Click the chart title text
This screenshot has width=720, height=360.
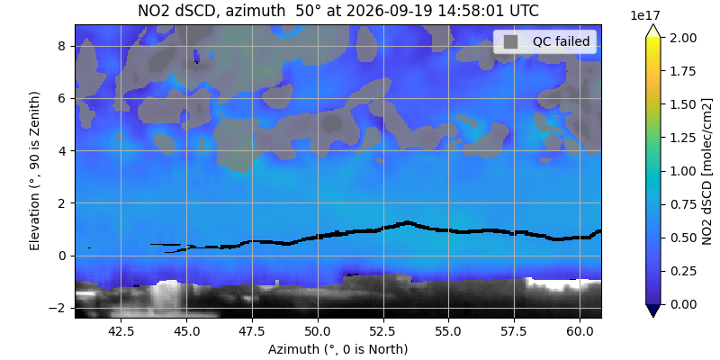(338, 11)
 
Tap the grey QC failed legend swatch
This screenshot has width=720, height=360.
(510, 41)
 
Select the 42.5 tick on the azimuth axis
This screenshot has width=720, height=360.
(121, 330)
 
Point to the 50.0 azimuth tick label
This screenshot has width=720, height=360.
(318, 330)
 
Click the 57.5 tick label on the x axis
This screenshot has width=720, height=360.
(514, 330)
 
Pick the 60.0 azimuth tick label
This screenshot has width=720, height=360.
(580, 330)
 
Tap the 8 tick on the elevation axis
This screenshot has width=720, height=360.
(65, 47)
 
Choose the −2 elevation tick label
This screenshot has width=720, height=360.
(61, 308)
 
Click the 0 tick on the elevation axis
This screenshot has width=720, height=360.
(65, 256)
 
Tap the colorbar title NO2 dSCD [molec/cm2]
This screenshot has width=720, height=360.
(707, 171)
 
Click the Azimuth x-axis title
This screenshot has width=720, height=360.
(338, 349)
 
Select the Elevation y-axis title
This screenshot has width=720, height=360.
(35, 171)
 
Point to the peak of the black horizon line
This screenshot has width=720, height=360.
(408, 222)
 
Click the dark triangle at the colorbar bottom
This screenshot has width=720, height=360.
(652, 310)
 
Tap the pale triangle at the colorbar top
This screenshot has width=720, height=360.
(652, 31)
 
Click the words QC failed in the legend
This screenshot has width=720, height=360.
(561, 41)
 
